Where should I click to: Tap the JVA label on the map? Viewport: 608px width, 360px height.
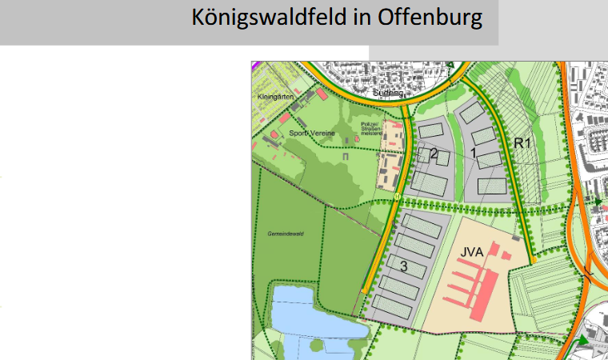(472, 252)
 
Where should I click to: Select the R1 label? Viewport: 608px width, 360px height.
(523, 144)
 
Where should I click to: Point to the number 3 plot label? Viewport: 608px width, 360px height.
(404, 266)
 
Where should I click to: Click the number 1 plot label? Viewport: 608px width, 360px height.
(474, 152)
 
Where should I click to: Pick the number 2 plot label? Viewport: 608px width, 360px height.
(434, 154)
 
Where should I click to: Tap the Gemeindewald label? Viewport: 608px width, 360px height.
(286, 234)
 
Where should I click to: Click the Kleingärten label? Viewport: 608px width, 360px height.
(271, 98)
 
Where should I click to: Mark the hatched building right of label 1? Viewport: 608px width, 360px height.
(490, 159)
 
